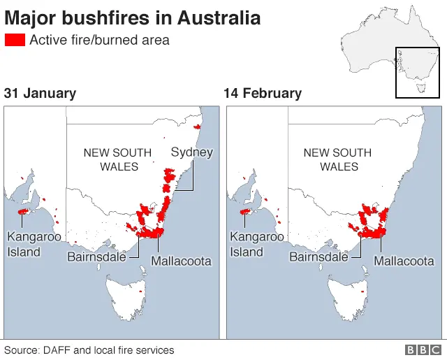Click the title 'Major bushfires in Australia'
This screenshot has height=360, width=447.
point(133,17)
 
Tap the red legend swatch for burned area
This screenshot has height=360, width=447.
point(15,40)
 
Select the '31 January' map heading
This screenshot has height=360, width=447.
point(40,93)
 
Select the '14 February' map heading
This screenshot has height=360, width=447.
point(263,93)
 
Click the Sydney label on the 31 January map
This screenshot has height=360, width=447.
point(191,152)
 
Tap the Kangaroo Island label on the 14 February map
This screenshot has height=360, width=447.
point(256,244)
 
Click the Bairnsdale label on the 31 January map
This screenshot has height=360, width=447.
point(96,257)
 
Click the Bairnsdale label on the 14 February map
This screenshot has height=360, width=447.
point(318,257)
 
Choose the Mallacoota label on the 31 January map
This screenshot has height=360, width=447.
point(181,261)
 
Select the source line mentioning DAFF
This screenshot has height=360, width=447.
point(89,350)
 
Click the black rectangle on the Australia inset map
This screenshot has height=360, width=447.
point(416,73)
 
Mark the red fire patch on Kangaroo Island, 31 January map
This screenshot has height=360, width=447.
point(23,210)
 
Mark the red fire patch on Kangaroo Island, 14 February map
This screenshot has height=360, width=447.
point(246,211)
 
